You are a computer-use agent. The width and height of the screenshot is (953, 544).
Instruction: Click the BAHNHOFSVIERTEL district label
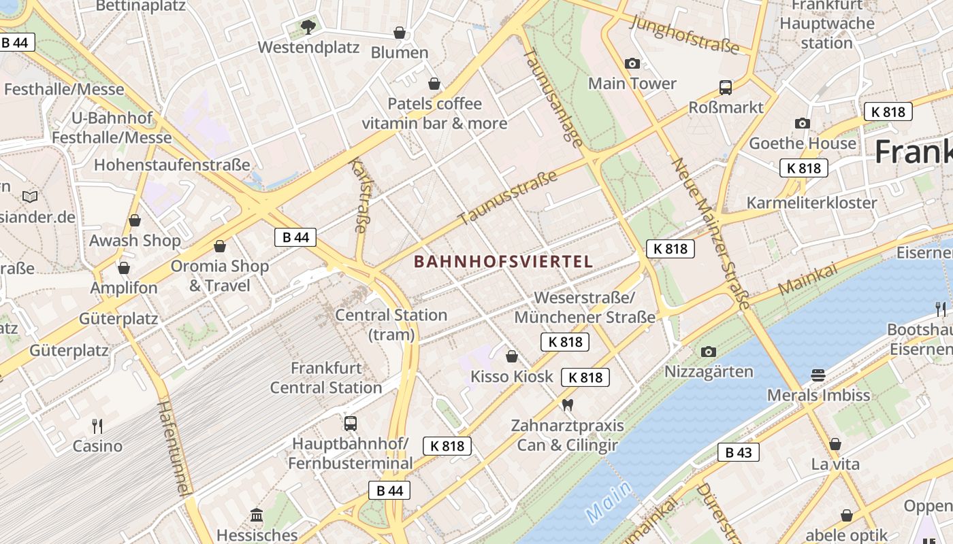(503, 261)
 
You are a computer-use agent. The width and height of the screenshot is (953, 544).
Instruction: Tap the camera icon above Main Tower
(632, 64)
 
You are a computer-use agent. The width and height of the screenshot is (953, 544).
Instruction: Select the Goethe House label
(803, 143)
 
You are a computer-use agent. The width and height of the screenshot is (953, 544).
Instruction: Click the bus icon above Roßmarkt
(726, 88)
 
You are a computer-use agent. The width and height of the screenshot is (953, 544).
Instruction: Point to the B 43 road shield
(738, 452)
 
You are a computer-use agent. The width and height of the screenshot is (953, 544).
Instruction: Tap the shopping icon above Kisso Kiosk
(512, 356)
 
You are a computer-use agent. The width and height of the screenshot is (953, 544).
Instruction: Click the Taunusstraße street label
(508, 198)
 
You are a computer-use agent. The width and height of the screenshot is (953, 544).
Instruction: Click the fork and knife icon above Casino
(97, 426)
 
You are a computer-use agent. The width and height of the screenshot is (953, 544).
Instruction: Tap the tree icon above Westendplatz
(308, 27)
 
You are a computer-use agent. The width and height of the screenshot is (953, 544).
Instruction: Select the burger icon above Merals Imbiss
(818, 375)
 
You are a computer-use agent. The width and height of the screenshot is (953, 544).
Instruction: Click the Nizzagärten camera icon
(709, 352)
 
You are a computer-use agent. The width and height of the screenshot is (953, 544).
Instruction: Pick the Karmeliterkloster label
(811, 203)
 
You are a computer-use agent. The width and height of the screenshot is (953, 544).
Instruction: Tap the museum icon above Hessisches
(257, 515)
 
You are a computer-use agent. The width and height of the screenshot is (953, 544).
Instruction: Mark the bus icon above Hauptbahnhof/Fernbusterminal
(351, 423)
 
